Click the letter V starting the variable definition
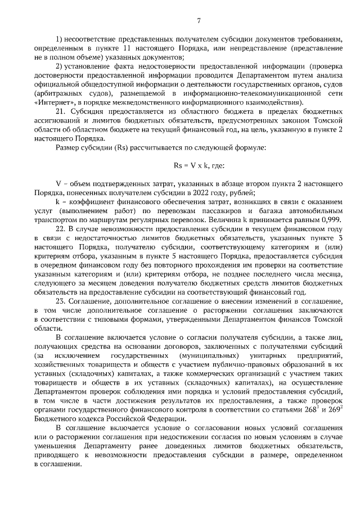(58, 183)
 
